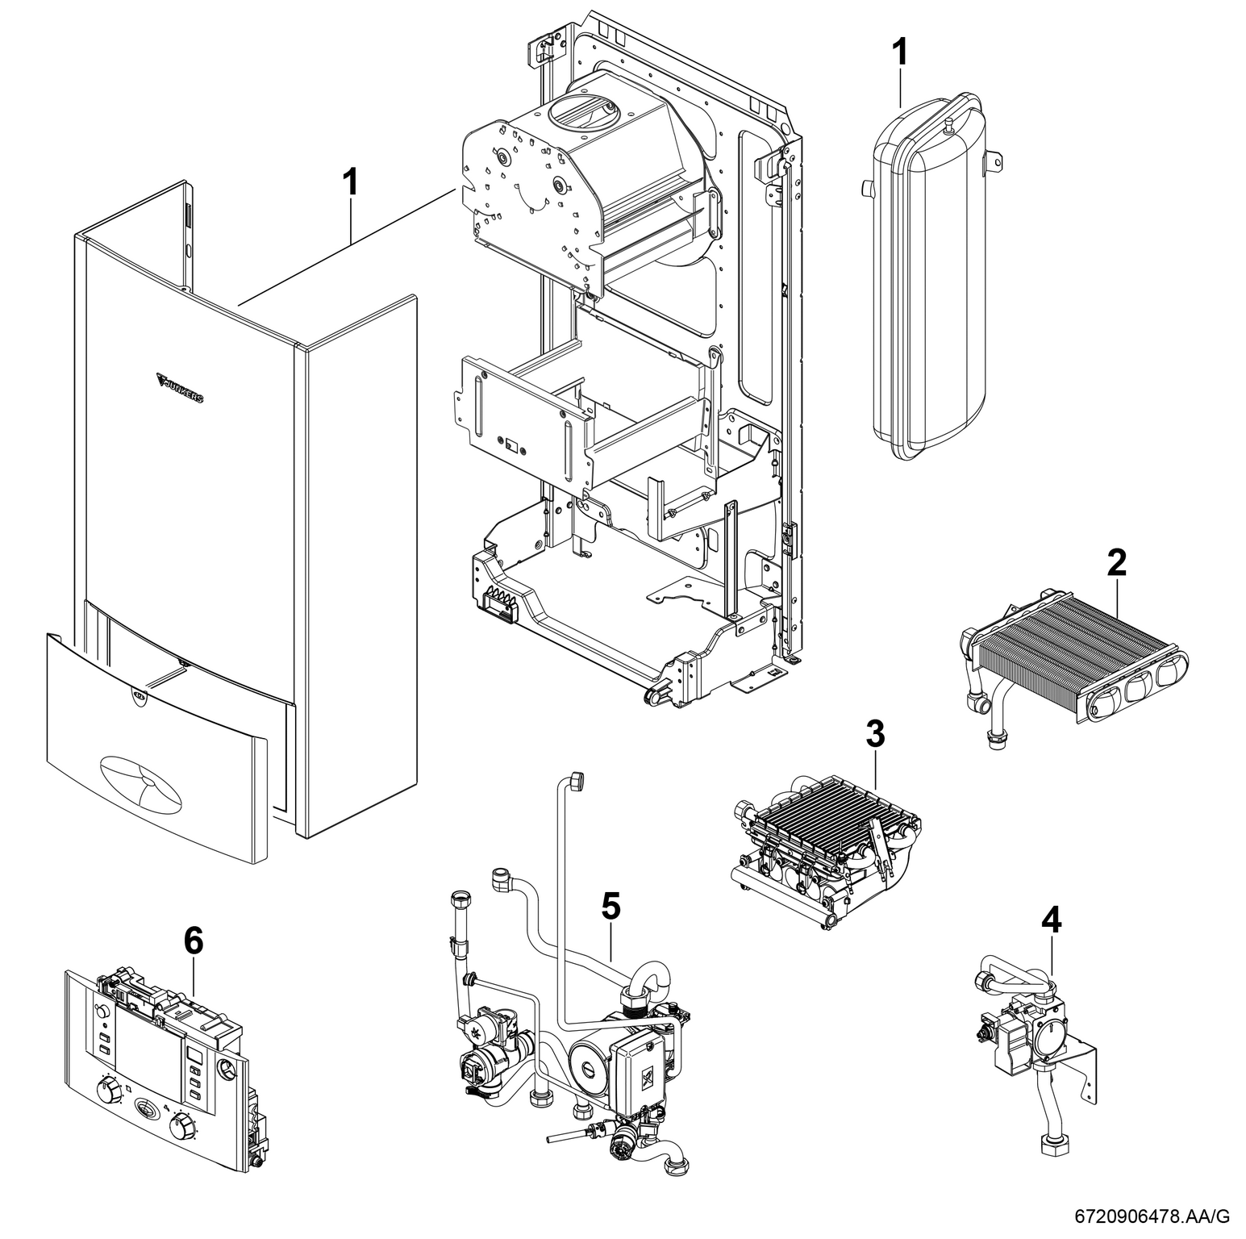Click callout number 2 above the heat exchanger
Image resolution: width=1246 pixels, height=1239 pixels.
pos(1116,562)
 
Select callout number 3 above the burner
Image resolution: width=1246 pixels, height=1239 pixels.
pos(875,733)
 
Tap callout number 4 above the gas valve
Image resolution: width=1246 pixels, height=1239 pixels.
pos(1052,919)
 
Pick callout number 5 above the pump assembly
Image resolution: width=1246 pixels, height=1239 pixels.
pos(611,907)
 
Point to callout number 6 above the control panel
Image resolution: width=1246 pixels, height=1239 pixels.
pos(194,941)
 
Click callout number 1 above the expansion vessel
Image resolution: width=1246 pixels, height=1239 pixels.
pos(899,52)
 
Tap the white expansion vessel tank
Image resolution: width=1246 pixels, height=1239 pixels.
pos(927,282)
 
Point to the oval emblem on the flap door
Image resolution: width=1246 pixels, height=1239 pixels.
pos(141,780)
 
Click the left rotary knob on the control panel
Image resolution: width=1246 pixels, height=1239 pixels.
pos(104,1091)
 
